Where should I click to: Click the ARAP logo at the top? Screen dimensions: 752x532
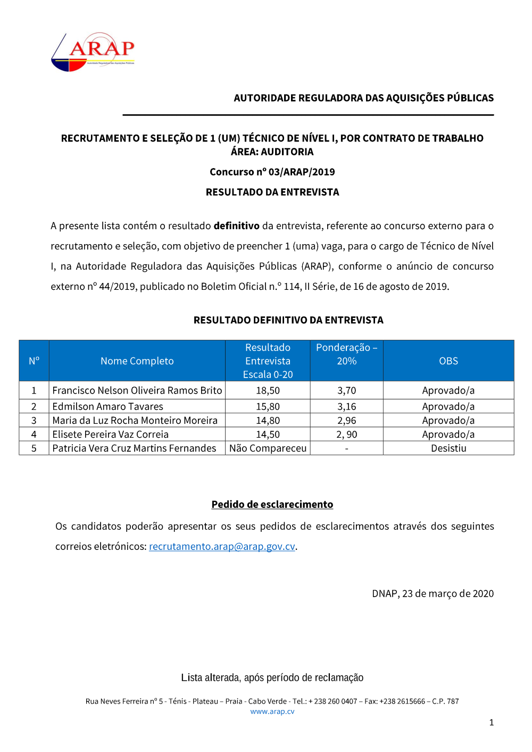coord(93,52)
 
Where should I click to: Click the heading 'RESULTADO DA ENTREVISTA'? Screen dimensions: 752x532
coord(272,192)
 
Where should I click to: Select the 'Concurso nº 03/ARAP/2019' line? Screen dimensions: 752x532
coord(272,172)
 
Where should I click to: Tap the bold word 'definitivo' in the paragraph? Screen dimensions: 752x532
coord(236,226)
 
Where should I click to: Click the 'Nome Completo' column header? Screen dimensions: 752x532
coord(137,361)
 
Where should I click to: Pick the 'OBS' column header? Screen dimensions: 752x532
coord(448,361)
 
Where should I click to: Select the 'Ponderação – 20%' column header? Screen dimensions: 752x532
coord(346,354)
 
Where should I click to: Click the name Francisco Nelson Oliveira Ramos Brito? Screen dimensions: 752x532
coord(137,390)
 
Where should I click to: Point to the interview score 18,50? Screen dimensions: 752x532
coord(268,390)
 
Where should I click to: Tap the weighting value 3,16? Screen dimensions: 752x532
coord(346,406)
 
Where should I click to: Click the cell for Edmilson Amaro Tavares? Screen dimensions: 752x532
coord(107,406)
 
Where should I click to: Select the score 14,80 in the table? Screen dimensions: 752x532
coord(268,421)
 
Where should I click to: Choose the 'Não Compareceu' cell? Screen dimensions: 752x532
coord(268,448)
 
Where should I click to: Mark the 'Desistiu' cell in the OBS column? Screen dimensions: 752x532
coord(448,448)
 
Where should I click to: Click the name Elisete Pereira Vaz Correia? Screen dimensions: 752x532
coord(110,435)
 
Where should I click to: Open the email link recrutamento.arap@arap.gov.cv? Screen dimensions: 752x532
coord(222,547)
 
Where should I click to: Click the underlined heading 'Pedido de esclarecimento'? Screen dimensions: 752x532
coord(272,504)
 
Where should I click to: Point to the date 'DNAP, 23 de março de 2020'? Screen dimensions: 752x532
coord(433,594)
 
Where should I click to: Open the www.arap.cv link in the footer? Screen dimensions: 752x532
coord(272,712)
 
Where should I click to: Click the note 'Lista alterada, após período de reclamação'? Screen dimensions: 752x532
coord(272,678)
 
